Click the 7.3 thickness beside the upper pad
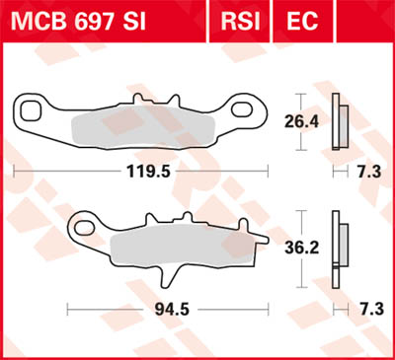tap(366, 171)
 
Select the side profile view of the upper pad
tap(340, 121)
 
